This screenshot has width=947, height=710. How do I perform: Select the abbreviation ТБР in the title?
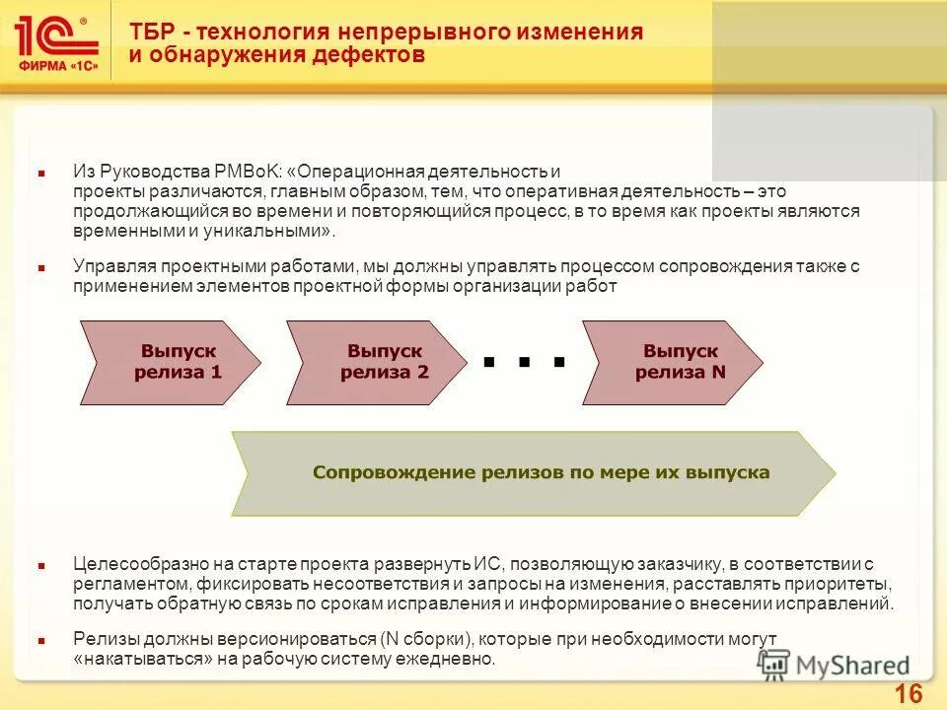coord(151,32)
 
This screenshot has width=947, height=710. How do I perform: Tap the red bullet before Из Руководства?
coord(41,173)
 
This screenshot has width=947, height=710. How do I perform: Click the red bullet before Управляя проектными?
coord(41,267)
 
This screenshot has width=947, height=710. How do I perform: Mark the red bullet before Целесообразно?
coord(41,566)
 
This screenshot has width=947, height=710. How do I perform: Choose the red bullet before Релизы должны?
coord(41,640)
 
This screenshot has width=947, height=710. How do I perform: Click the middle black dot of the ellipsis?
coord(524,362)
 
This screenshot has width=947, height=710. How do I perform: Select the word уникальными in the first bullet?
coord(277,231)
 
